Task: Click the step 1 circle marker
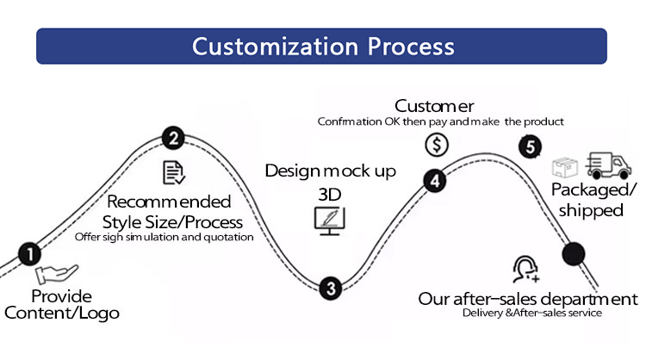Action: coord(30,254)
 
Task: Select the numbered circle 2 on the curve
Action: coord(173,138)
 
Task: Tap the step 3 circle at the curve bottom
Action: coord(331,288)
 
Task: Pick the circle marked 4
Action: coord(435,180)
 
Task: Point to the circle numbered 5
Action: coord(530,146)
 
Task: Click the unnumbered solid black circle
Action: coord(574,253)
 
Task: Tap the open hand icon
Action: coord(57,274)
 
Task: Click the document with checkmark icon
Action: coord(174,172)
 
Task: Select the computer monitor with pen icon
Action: coord(330,220)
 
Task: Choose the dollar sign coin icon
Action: coord(437,145)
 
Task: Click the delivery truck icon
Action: coord(608,164)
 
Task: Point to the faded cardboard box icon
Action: coord(565,167)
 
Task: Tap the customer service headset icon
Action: coord(525,269)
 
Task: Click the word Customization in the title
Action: coord(276,47)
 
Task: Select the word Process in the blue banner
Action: coord(411,47)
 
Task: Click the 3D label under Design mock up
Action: coord(330,195)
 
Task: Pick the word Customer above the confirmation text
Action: coord(434,106)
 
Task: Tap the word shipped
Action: coord(591,210)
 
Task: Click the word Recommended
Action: coord(169,202)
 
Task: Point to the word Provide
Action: coord(61,296)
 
